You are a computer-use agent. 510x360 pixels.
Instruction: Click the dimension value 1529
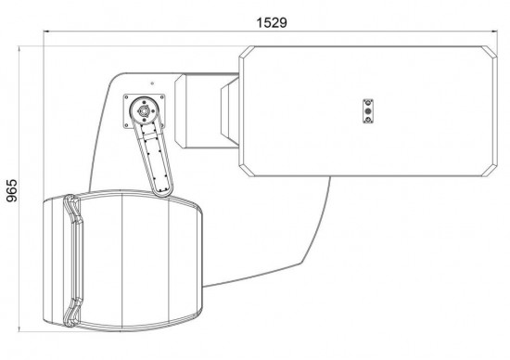coord(272,23)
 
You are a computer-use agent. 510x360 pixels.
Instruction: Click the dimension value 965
coord(12,190)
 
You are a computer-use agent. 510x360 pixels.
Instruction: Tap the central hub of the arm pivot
coord(143,111)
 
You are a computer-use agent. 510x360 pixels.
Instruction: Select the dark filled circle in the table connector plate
coord(368,111)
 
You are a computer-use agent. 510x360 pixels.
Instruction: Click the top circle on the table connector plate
coord(368,103)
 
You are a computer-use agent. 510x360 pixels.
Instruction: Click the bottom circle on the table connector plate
coord(368,120)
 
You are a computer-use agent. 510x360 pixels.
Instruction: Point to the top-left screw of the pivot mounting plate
coord(126,96)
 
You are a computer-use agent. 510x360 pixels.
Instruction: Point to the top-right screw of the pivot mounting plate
coord(161,96)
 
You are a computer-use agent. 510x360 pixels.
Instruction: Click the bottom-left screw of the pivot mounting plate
coord(126,125)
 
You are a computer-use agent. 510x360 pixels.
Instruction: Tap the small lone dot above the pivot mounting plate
coord(152,84)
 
